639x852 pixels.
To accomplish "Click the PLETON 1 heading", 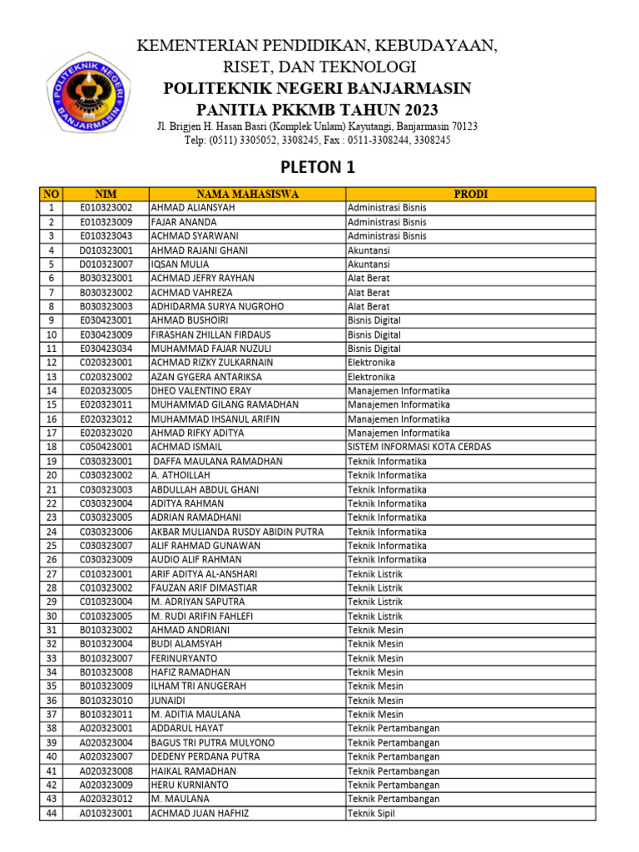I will point(317,167).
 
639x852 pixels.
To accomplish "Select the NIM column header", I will point(106,194).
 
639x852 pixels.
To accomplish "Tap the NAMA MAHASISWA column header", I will point(247,194).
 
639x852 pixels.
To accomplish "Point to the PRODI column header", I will point(471,194).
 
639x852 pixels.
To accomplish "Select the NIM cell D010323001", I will point(106,250).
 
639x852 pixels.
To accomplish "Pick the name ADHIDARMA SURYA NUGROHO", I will point(217,306).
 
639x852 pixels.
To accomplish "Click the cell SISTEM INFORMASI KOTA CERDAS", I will point(419,447).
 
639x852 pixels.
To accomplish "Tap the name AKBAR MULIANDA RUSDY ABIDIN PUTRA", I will point(237,532).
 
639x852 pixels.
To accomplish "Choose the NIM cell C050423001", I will point(106,447).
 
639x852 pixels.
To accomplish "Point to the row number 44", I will point(51,813).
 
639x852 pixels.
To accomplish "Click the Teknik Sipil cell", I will point(374,813).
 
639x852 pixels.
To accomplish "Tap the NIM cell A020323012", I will point(106,799).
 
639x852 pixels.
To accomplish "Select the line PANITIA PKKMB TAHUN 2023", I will point(317,109).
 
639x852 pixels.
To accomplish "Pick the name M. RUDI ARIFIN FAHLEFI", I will point(202,616).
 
